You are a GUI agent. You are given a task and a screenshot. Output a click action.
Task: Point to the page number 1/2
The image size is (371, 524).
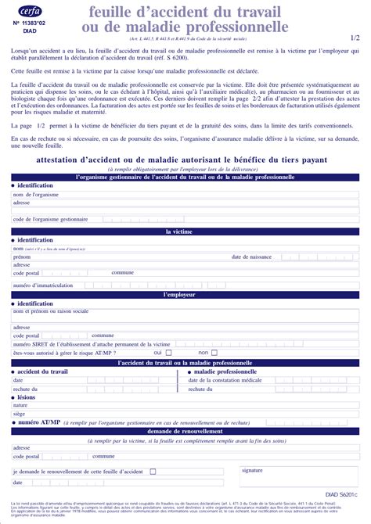coord(355,37)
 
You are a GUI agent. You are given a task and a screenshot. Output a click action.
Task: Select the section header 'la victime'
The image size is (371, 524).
coord(185,232)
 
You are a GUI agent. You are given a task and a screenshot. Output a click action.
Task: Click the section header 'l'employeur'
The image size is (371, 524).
coord(185,295)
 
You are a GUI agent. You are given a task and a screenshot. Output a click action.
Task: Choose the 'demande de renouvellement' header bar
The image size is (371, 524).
coord(185,431)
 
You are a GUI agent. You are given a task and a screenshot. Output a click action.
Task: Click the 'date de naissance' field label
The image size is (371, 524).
coord(251,257)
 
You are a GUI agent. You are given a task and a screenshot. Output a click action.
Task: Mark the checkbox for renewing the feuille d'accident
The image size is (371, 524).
coord(153,472)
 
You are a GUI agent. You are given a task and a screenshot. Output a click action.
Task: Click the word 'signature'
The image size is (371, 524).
coord(252,470)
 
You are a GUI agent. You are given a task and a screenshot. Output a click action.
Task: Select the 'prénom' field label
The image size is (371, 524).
coord(21,257)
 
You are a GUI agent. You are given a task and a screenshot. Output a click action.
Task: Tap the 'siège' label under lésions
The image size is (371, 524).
coord(20,414)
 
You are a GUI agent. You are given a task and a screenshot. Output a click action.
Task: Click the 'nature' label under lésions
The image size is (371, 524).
coord(20,405)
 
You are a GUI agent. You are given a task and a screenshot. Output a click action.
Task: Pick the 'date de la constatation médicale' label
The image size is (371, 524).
coord(225,379)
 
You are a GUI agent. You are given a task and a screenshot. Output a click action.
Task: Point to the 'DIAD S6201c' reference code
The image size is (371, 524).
coord(340,495)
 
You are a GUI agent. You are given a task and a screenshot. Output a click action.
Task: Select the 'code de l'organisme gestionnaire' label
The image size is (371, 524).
coord(50,219)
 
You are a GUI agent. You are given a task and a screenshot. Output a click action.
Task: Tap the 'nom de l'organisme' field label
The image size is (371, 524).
coord(35,194)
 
